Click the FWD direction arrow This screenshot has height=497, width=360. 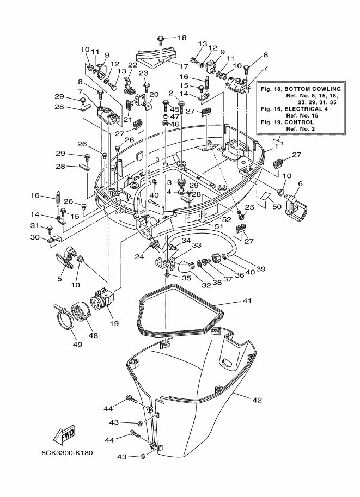coord(65,434)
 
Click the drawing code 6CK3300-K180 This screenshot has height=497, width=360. coord(67,452)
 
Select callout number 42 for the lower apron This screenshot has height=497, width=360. coord(257,400)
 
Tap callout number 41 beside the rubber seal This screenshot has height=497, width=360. coord(247,300)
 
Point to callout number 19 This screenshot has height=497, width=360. coord(114,323)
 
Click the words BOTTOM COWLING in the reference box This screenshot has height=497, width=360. coord(313,89)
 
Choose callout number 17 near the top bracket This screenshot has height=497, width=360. coord(184,66)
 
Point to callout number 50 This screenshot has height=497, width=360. coord(277,207)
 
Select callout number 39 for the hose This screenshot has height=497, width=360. coord(260,269)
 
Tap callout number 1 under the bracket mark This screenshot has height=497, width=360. coord(276,146)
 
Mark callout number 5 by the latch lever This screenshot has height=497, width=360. coord(59,279)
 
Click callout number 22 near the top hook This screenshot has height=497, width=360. coord(132,65)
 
